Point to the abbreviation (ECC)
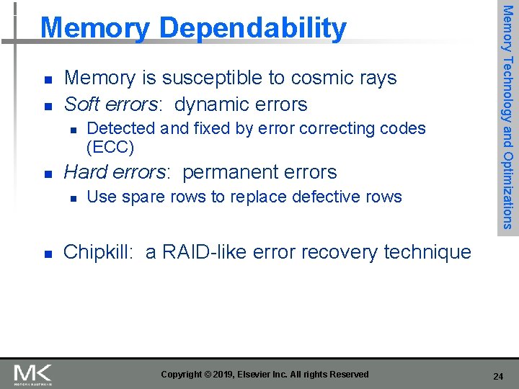110,147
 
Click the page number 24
497,376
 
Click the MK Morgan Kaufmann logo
32,375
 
